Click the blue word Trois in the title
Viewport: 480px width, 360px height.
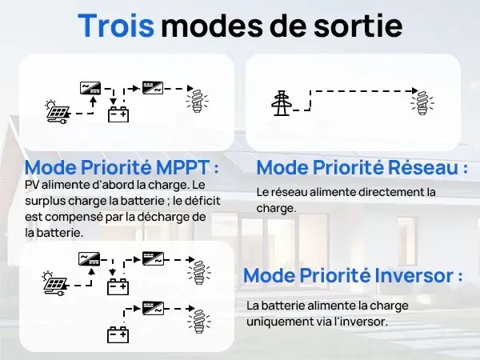(116, 26)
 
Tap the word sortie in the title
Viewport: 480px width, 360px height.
(358, 26)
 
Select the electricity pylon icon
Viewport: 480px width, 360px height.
(282, 103)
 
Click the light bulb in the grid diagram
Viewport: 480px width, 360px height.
(422, 103)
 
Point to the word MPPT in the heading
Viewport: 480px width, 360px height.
(182, 167)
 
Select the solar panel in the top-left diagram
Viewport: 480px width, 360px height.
(58, 112)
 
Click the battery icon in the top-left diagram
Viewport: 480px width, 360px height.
(118, 114)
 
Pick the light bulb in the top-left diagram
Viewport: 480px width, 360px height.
(198, 101)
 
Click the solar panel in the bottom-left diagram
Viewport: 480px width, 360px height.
(55, 284)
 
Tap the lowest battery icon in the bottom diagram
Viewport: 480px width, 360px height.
(118, 334)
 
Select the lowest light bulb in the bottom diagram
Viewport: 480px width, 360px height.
(199, 322)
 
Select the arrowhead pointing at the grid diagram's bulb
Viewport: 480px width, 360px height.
(414, 91)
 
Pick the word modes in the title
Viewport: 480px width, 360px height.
(212, 26)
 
